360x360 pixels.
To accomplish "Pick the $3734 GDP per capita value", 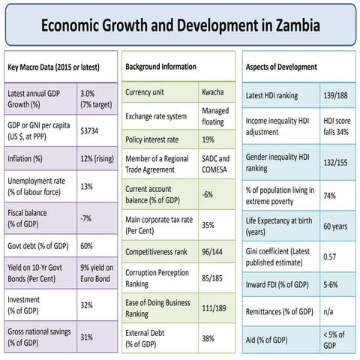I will click(91, 130).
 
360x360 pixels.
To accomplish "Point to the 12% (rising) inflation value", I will click(97, 160).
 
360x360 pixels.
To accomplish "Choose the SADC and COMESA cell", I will click(215, 164).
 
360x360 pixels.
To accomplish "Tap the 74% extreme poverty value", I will click(330, 195).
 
